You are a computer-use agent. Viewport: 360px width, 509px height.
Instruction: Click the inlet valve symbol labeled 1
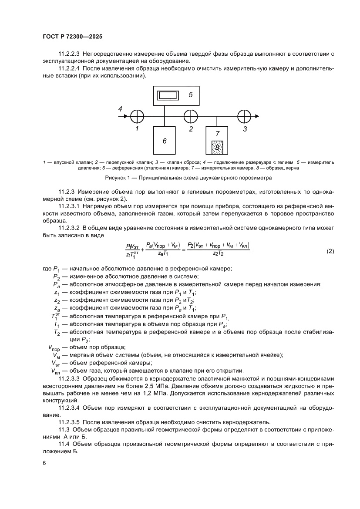(x=137, y=116)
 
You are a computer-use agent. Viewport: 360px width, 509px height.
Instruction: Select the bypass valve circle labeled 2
(x=191, y=116)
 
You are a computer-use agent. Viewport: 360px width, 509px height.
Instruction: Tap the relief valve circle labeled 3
(x=244, y=116)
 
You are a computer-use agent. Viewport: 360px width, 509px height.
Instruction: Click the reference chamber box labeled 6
(x=164, y=140)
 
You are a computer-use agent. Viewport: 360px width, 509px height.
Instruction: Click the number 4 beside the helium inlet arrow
(x=120, y=109)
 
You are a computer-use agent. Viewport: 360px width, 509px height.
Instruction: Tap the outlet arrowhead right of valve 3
(x=257, y=116)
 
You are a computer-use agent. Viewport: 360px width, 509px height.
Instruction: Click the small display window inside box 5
(x=165, y=95)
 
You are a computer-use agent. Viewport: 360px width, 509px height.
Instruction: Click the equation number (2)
(x=330, y=251)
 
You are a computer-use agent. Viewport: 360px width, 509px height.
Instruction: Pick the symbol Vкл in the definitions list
(x=55, y=371)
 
